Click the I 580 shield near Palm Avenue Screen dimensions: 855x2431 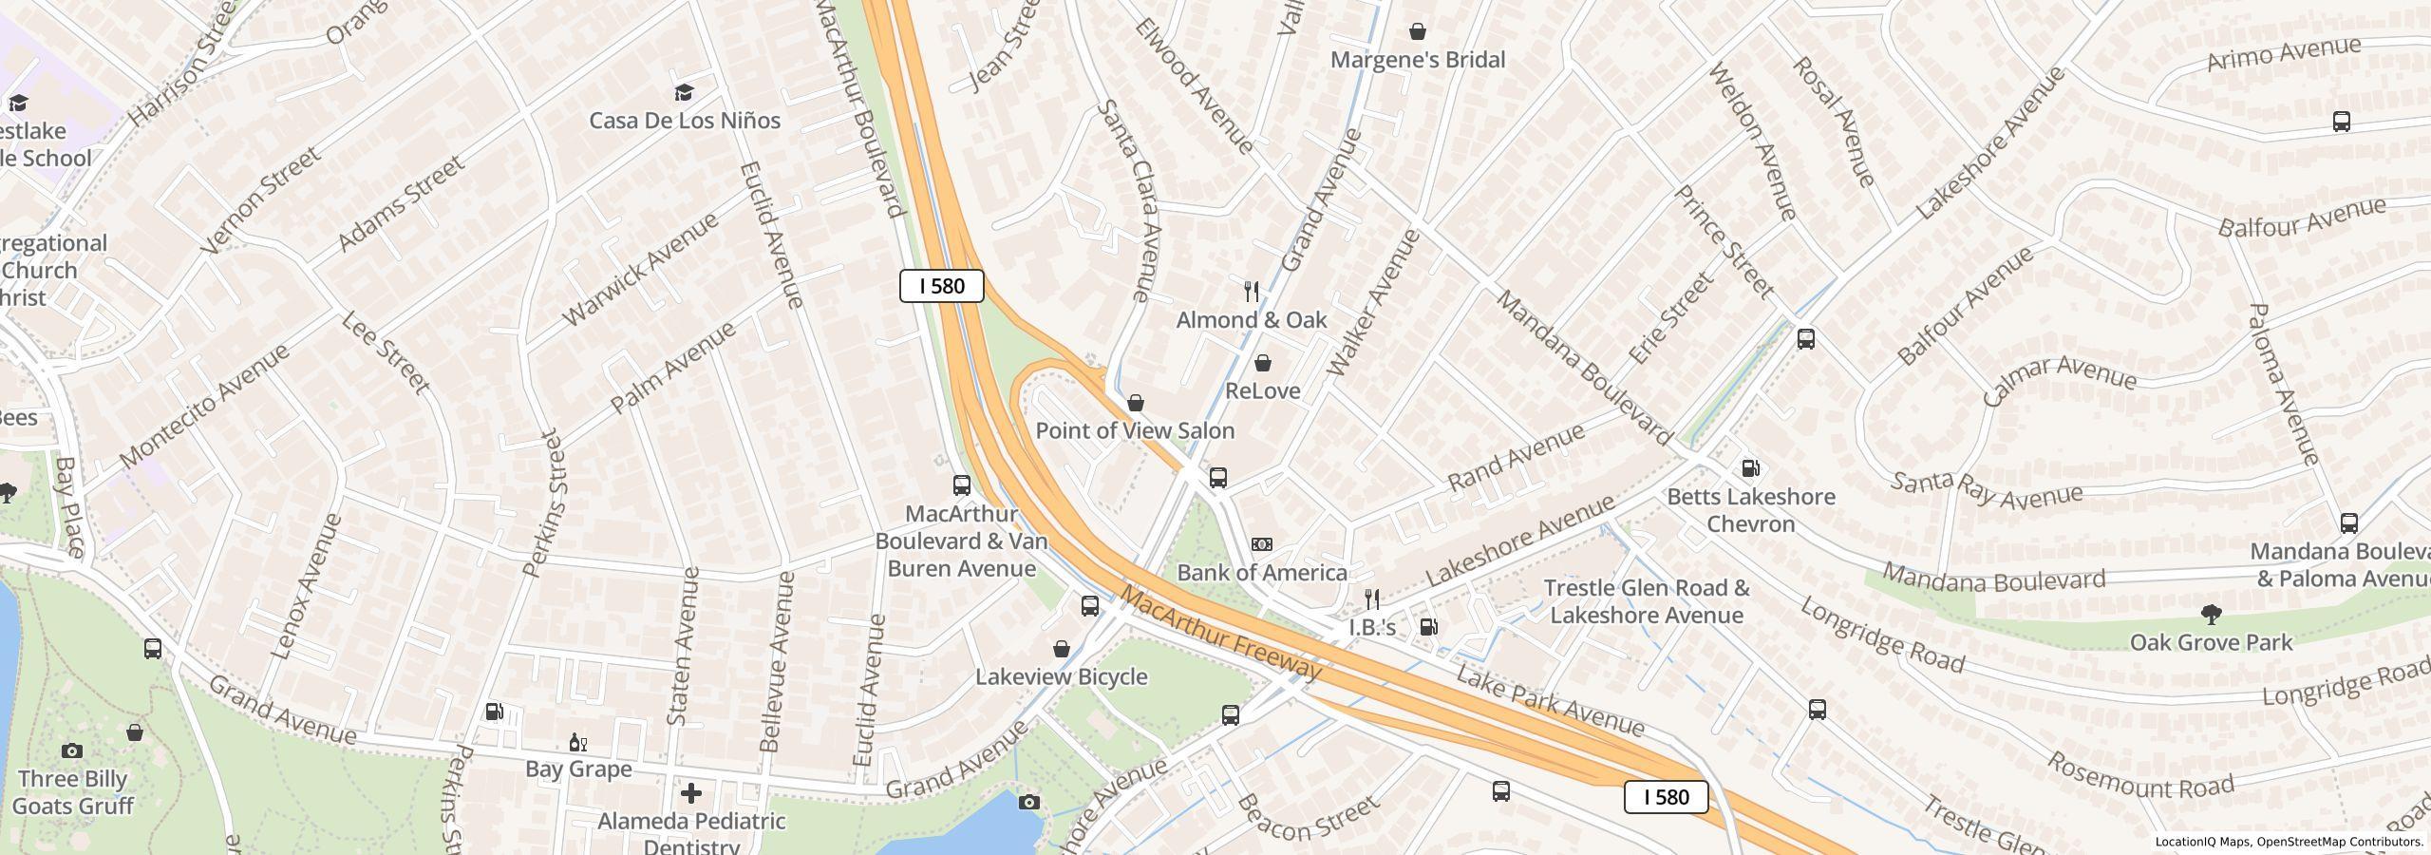[941, 286]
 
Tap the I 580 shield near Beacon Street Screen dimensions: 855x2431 [1666, 797]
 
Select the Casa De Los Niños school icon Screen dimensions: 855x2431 [684, 92]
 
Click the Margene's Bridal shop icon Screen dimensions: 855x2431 [1417, 32]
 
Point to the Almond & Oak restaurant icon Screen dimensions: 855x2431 [1252, 292]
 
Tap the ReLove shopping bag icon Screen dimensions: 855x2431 [1263, 363]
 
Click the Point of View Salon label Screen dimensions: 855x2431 [1135, 430]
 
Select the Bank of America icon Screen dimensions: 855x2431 [1261, 544]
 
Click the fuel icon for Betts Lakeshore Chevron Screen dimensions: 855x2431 [1750, 467]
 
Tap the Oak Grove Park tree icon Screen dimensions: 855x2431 [2211, 615]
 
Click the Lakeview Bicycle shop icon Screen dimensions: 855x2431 [1062, 649]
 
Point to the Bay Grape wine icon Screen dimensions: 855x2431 [576, 742]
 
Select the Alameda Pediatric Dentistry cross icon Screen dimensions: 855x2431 [691, 792]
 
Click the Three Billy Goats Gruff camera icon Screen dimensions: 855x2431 [71, 750]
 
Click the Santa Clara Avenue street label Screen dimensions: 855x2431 [1129, 200]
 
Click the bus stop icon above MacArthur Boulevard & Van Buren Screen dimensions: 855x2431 [961, 485]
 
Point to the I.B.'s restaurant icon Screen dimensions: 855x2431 [1371, 598]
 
